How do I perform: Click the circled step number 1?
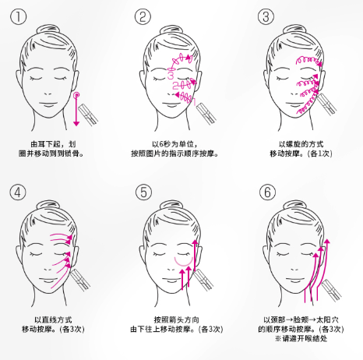[18, 17]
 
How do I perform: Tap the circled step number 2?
[143, 17]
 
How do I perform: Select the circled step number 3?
[266, 17]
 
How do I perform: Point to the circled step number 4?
[18, 192]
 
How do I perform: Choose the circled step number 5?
[143, 192]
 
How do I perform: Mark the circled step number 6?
[267, 192]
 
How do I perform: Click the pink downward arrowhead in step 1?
[76, 123]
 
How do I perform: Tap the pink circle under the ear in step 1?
[76, 96]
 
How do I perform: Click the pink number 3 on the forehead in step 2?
[171, 76]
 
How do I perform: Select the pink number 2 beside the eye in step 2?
[175, 86]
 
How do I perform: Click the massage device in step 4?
[80, 280]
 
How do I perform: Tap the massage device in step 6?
[330, 291]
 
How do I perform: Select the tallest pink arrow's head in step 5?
[195, 243]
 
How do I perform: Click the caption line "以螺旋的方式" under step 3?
[301, 144]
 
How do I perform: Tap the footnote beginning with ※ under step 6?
[301, 338]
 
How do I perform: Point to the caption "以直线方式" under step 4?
[53, 319]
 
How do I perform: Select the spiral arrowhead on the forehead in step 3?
[320, 64]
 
